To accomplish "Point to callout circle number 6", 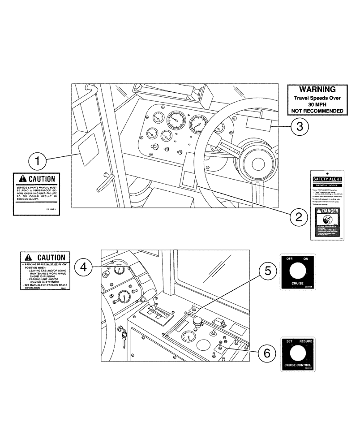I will tap(267, 353).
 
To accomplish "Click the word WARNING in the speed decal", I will tap(317, 90).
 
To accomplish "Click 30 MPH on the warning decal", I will tap(317, 103).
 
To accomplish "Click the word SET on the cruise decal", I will tap(289, 341).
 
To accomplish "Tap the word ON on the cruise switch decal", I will tap(306, 259).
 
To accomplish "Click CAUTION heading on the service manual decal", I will tap(40, 179).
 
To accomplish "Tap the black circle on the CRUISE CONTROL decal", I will tap(298, 354).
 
